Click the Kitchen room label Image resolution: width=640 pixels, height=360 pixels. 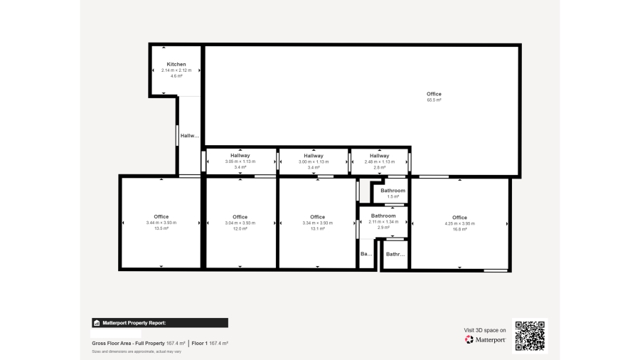pos(176,64)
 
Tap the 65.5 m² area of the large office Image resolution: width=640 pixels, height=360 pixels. pos(434,100)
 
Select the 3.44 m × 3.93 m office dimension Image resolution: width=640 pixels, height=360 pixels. pos(161,223)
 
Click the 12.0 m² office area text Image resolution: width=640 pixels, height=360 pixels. pos(240,229)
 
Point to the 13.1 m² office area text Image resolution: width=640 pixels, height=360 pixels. pos(317,229)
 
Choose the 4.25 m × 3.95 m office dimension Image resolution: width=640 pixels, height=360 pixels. pos(459,223)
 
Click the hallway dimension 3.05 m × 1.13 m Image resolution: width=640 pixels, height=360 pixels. pos(240,162)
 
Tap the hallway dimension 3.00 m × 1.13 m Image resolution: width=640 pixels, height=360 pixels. pos(314,162)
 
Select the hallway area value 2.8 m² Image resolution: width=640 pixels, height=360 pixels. pos(380,167)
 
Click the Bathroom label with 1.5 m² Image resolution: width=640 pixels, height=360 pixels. pos(393,191)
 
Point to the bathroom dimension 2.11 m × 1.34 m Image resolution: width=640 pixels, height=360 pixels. pos(383,221)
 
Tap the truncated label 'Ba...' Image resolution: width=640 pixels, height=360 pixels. pos(366,254)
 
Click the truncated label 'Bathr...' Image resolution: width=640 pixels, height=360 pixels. pos(395,254)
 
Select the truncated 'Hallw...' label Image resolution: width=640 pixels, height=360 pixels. pos(189,136)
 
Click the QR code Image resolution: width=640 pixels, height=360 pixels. pos(530,335)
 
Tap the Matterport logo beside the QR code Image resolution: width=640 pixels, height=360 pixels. pos(485,340)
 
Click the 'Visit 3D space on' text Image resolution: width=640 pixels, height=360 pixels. pos(485,330)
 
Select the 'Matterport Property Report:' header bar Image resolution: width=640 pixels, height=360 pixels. pos(160,322)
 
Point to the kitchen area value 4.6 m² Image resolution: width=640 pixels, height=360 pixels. pos(176,76)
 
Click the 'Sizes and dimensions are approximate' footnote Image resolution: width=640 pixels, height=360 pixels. pos(137,351)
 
